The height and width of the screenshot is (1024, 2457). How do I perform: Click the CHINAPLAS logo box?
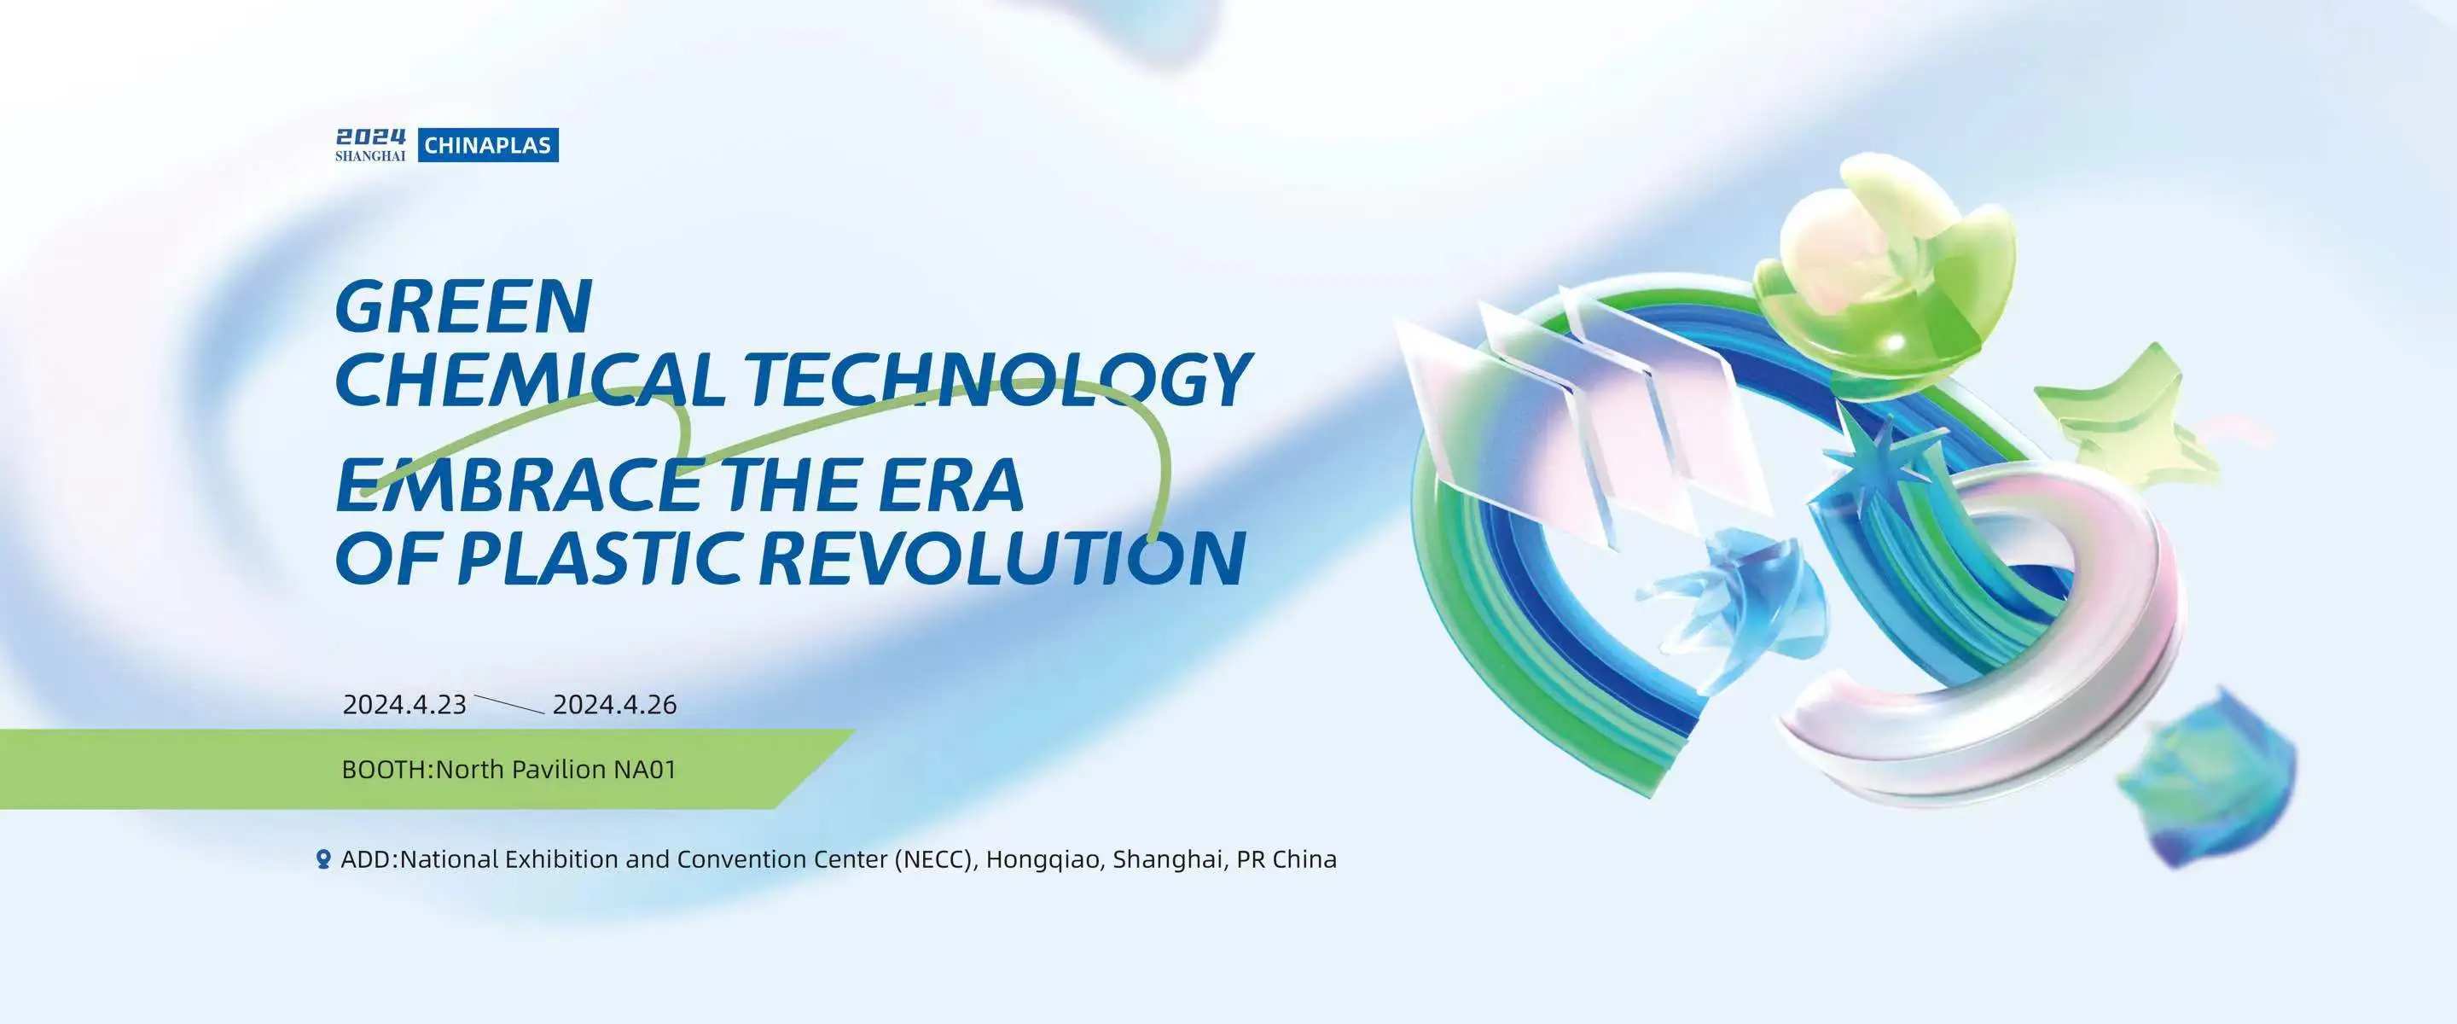tap(487, 145)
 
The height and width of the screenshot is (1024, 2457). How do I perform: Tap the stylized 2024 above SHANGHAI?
tap(370, 137)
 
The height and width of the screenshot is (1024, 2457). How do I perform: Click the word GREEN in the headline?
tap(463, 306)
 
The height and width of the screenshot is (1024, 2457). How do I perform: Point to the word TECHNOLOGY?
tap(996, 378)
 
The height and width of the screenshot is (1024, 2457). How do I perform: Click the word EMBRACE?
tap(520, 485)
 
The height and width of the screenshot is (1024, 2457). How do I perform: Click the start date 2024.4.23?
tap(404, 705)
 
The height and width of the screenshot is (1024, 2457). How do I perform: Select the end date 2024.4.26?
tap(614, 705)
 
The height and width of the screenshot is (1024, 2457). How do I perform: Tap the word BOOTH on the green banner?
tap(386, 769)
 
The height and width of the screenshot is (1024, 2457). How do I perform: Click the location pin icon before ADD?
tap(323, 860)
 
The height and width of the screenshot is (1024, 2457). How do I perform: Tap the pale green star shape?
tap(2136, 420)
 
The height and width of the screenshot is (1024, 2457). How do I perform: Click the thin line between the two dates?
tap(509, 705)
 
